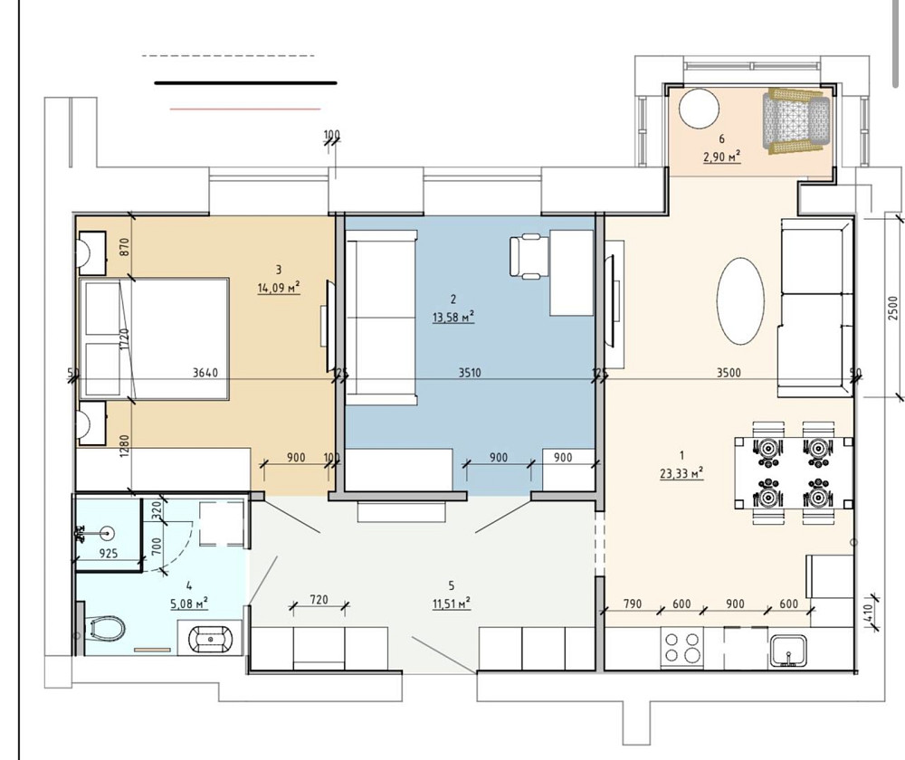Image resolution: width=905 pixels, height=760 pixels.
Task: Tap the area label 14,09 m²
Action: tap(279, 288)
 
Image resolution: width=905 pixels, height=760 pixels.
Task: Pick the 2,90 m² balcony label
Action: tap(721, 156)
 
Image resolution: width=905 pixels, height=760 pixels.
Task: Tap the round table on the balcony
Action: tap(698, 109)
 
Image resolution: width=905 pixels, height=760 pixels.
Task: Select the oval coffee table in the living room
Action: tap(740, 301)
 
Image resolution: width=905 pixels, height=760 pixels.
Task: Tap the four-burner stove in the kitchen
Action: tap(682, 648)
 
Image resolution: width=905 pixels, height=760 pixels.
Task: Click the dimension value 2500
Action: tap(893, 308)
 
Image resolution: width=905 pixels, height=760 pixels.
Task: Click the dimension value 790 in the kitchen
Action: tap(633, 605)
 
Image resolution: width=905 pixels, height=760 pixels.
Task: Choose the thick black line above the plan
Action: tap(245, 82)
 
